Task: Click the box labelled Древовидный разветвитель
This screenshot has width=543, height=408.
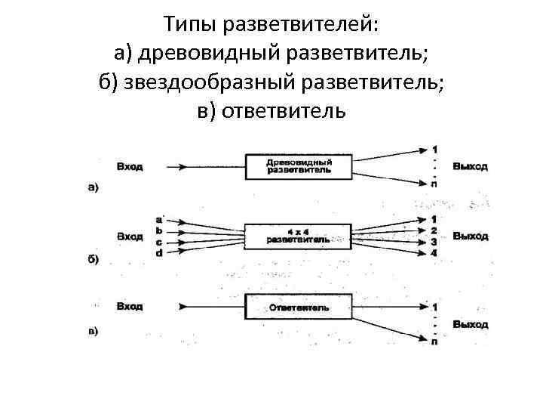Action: tap(299, 166)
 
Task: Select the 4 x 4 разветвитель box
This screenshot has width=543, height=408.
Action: tap(299, 236)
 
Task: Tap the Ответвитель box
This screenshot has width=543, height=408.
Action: tap(299, 308)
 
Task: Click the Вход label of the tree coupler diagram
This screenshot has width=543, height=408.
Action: tap(130, 166)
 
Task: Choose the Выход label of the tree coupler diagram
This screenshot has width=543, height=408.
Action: tap(471, 166)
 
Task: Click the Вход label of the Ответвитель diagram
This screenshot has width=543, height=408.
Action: tap(130, 307)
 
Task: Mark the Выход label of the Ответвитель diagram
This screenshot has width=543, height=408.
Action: tap(471, 325)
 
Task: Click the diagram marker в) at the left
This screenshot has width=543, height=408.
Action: tap(92, 331)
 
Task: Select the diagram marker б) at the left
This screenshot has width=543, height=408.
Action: tap(92, 258)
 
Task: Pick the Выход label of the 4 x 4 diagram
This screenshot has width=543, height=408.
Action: tap(471, 236)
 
